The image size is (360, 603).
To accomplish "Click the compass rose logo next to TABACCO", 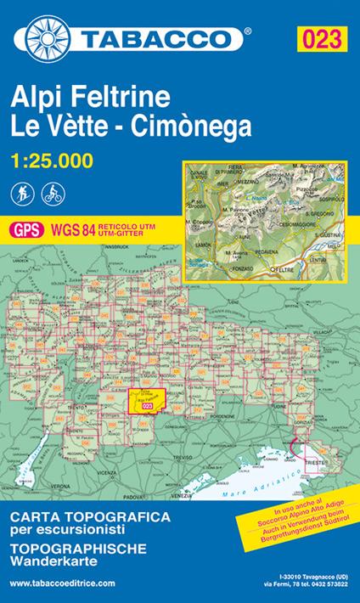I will tap(52, 39).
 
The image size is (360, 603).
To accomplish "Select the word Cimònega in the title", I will tap(194, 126).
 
